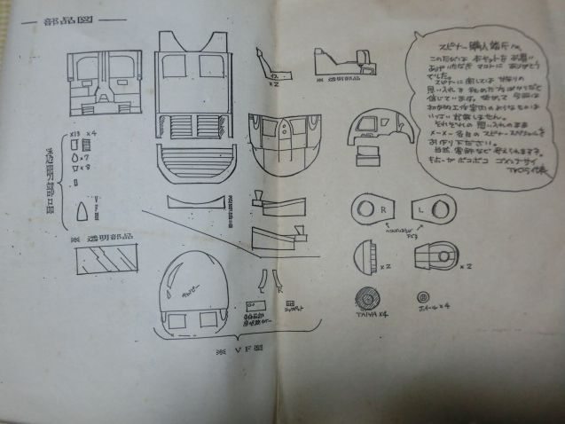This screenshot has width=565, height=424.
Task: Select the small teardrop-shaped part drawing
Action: click(82, 210)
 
